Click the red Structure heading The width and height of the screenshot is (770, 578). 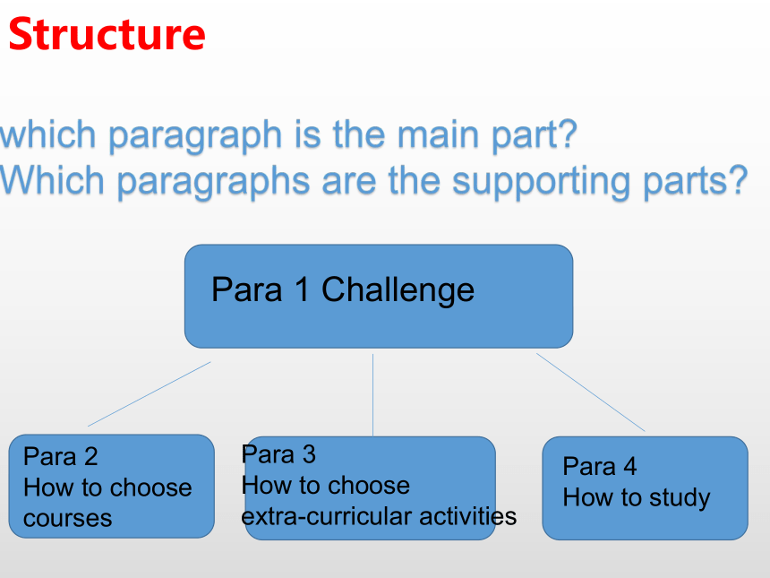point(107,34)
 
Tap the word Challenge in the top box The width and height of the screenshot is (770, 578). point(398,290)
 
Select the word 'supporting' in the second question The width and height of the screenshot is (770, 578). point(541,182)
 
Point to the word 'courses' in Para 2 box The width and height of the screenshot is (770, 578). point(68,519)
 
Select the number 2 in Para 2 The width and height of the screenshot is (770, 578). point(90,456)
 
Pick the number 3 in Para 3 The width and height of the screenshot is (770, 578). point(309,454)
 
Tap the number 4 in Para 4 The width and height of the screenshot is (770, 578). point(630,466)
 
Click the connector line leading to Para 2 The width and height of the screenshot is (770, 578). point(150,394)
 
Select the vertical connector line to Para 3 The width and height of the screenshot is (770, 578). point(372,394)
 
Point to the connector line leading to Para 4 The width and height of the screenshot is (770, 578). point(590,393)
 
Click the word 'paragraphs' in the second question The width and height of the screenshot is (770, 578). point(213,182)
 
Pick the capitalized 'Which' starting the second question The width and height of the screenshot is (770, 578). point(52,180)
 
